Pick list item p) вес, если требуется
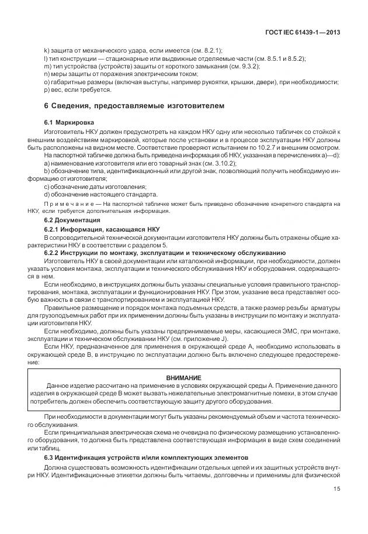77,89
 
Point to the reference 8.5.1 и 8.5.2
277,59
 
